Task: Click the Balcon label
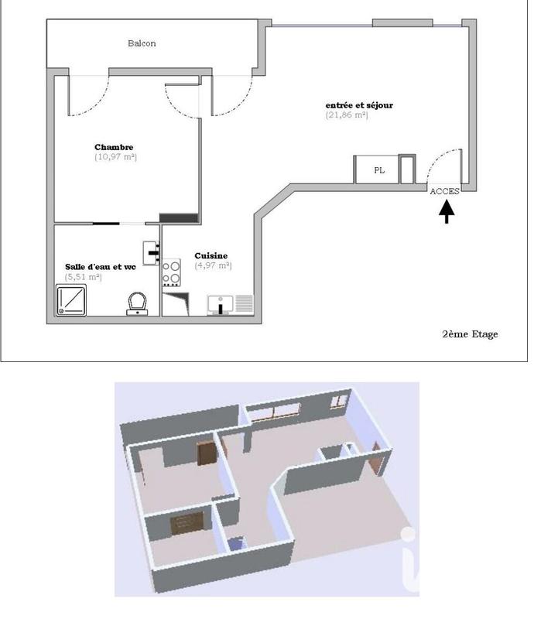[142, 43]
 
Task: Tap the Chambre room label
[114, 147]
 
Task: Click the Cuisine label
[211, 256]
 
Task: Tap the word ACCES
[444, 191]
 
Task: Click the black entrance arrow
[447, 211]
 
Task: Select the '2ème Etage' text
[470, 334]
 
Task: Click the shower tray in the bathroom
[74, 299]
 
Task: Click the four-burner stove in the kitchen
[171, 273]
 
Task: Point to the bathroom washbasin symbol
[152, 251]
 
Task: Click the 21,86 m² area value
[347, 115]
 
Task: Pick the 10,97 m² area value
[115, 157]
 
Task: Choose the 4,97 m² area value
[213, 265]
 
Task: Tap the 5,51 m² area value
[84, 277]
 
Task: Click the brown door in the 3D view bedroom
[205, 452]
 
